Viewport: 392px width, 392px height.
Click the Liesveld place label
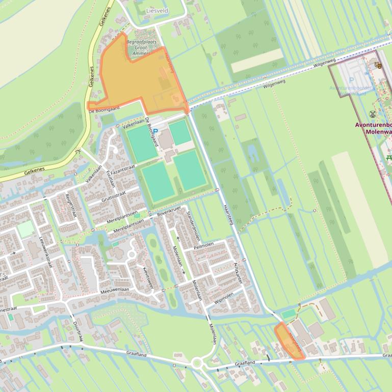157,10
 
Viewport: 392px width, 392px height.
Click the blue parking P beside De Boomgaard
155,131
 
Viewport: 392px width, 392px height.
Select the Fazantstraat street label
122,169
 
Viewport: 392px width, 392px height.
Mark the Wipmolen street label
224,297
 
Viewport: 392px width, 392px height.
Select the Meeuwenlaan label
115,291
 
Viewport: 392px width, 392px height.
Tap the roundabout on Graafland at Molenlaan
197,363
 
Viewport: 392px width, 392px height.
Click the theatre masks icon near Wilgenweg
377,65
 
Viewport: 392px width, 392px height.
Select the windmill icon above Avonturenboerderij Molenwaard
373,114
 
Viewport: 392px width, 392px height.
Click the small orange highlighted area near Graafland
289,341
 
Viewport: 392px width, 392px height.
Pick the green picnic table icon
389,158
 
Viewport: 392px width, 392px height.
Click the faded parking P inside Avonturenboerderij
351,80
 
